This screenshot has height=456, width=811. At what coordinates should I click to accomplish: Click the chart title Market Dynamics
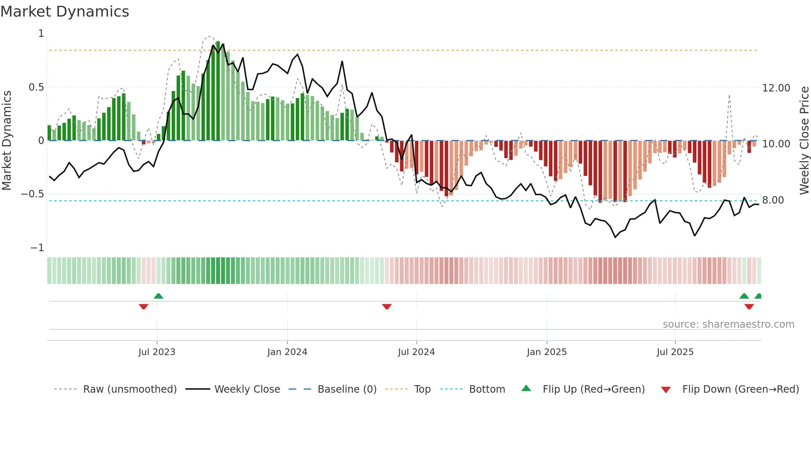click(65, 12)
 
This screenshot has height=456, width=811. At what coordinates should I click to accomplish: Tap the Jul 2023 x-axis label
click(157, 352)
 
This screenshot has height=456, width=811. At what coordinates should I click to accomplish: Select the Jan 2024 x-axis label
click(287, 352)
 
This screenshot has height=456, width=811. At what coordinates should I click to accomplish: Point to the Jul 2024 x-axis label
click(416, 352)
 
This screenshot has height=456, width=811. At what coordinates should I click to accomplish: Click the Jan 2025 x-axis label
click(547, 352)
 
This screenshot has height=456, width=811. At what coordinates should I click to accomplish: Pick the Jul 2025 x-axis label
click(675, 352)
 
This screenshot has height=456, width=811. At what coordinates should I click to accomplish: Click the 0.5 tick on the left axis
click(36, 87)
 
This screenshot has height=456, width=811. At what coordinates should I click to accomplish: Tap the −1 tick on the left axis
click(37, 248)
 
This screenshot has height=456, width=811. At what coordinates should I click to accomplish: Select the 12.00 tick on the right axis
click(776, 88)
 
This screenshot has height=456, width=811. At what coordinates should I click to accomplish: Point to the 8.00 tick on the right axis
click(773, 200)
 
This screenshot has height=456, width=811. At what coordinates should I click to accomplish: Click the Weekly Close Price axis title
click(804, 140)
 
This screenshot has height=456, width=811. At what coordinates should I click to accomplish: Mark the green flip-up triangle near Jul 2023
click(158, 296)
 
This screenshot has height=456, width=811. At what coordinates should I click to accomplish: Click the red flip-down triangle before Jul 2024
click(387, 307)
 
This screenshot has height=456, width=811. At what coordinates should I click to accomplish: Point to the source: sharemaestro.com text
click(728, 324)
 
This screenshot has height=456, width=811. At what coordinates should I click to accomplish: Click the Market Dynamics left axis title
click(7, 140)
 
